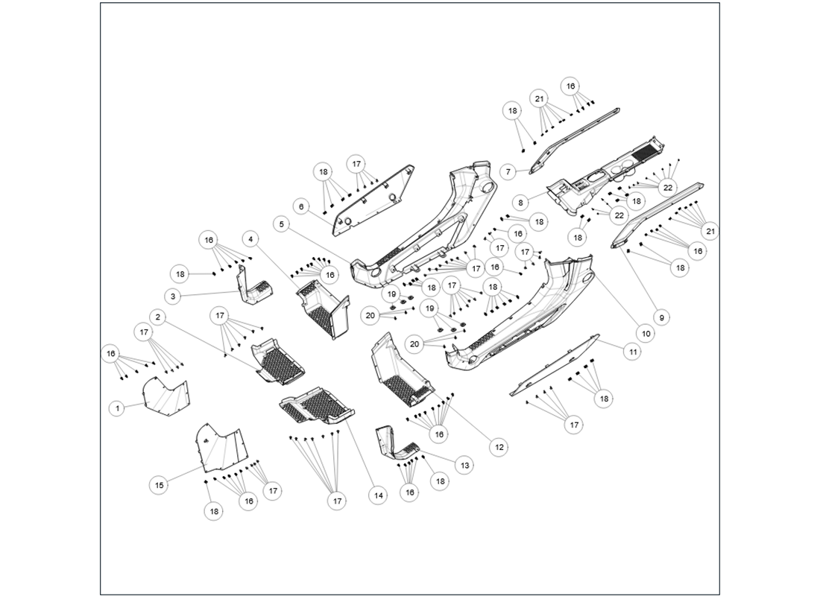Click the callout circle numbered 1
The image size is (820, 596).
pyautogui.click(x=117, y=408)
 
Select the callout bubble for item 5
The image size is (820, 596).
pyautogui.click(x=281, y=223)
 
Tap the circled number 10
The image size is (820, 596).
pyautogui.click(x=646, y=334)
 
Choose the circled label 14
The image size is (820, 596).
pyautogui.click(x=378, y=495)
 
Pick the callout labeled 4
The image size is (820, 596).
pyautogui.click(x=251, y=239)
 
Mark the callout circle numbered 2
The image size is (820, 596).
pyautogui.click(x=158, y=317)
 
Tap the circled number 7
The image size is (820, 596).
pyautogui.click(x=508, y=171)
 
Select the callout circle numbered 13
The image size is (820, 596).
pyautogui.click(x=464, y=466)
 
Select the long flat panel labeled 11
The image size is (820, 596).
pyautogui.click(x=555, y=365)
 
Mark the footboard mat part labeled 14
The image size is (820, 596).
pyautogui.click(x=317, y=406)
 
